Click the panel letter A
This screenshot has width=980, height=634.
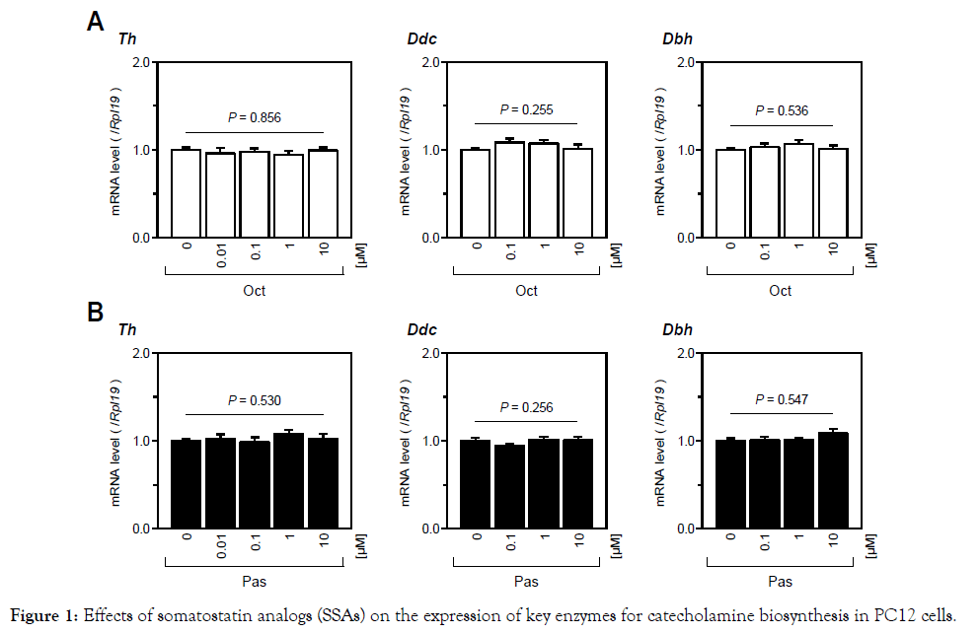point(96,23)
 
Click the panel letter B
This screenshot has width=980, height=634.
point(96,313)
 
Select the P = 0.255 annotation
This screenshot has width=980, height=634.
point(526,109)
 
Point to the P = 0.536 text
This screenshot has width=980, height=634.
point(781,110)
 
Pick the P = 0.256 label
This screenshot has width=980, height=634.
point(526,407)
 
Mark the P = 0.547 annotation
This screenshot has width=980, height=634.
point(781,399)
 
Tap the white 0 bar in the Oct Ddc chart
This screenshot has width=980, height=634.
point(474,193)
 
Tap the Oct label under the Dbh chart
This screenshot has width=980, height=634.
point(781,291)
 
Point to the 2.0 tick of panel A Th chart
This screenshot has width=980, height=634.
point(141,62)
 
